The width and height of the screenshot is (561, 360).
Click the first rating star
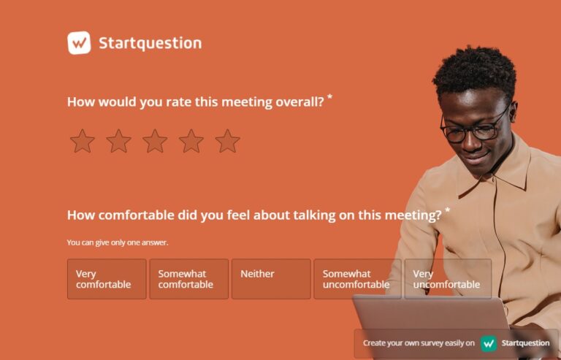[83, 141]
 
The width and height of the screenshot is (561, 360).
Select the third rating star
[155, 141]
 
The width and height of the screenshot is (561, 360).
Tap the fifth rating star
[228, 141]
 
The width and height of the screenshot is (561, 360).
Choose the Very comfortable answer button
[107, 279]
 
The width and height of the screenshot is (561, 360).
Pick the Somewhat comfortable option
[188, 279]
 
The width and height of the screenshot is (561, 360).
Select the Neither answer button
[271, 279]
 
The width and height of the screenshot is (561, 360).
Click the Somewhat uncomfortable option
[357, 279]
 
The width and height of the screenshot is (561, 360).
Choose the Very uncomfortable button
[447, 279]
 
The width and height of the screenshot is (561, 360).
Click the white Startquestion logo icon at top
[79, 43]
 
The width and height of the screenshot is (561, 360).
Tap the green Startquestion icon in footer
[489, 343]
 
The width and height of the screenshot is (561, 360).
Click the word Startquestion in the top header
[150, 43]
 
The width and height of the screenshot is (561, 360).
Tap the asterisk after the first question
[329, 97]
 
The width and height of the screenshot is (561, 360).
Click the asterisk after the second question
[447, 210]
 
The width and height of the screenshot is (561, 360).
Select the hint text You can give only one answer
[118, 242]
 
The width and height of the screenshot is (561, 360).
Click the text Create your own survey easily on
[419, 343]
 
